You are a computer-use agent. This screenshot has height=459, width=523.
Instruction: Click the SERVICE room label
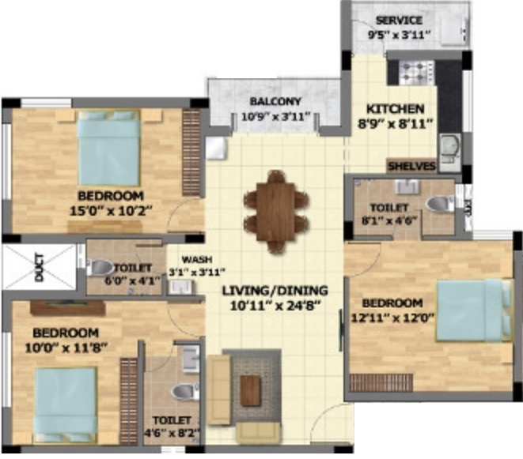pyautogui.click(x=399, y=21)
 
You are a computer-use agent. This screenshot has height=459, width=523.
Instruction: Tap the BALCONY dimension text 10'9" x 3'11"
pyautogui.click(x=276, y=117)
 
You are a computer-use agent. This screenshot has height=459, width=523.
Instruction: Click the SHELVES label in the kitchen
pyautogui.click(x=412, y=166)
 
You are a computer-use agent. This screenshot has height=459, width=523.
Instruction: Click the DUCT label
pyautogui.click(x=40, y=268)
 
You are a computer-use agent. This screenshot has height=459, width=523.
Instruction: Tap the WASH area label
pyautogui.click(x=197, y=259)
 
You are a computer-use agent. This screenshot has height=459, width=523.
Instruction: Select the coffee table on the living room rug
pyautogui.click(x=251, y=390)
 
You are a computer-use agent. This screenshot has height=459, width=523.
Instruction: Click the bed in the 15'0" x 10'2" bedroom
pyautogui.click(x=108, y=149)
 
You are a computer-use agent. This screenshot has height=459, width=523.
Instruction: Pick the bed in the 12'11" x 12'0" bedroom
pyautogui.click(x=474, y=310)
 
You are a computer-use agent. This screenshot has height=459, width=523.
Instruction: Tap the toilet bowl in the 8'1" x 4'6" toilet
pyautogui.click(x=441, y=203)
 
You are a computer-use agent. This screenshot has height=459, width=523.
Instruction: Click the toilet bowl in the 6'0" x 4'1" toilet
pyautogui.click(x=100, y=267)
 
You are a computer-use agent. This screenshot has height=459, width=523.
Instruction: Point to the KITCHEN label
pyautogui.click(x=396, y=109)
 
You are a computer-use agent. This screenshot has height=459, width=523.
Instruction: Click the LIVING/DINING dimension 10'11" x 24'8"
pyautogui.click(x=275, y=306)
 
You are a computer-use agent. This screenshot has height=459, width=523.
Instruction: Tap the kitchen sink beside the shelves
pyautogui.click(x=450, y=152)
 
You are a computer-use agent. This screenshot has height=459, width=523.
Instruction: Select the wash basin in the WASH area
pyautogui.click(x=180, y=287)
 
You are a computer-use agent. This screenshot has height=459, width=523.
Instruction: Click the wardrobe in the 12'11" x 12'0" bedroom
pyautogui.click(x=381, y=382)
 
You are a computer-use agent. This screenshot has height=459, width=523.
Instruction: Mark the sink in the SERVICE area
pyautogui.click(x=453, y=31)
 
